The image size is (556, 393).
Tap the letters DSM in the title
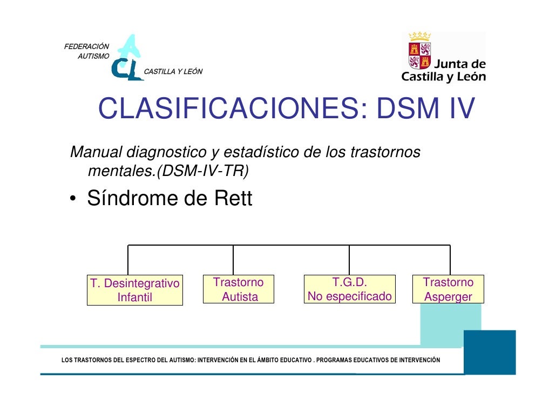point(405,111)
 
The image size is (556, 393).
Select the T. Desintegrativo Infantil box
point(135,290)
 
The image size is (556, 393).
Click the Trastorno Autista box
point(239,289)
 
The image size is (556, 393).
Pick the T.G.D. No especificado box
point(350,289)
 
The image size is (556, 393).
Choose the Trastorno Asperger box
point(448,289)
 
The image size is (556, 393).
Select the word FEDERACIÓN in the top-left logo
point(87,46)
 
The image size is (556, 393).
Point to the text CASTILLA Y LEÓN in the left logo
point(173,72)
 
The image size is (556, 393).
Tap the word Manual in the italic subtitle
point(95,153)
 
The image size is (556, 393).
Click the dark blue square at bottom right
point(490,352)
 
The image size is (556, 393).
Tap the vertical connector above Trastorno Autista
point(233,260)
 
